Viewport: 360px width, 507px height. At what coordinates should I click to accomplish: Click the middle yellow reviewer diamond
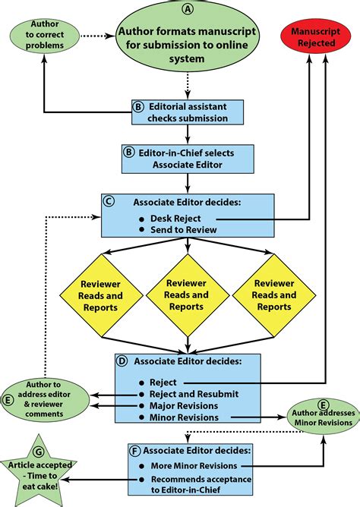click(185, 294)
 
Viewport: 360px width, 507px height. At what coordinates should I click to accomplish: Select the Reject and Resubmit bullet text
click(195, 393)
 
